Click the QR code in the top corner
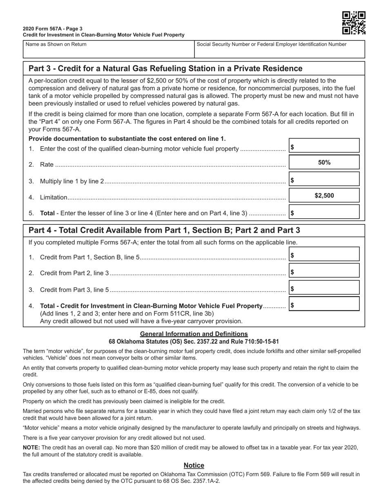(353, 23)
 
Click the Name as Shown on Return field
(108, 49)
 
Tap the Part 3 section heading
(165, 69)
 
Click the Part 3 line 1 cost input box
(324, 146)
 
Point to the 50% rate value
(324, 162)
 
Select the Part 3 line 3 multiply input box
(324, 179)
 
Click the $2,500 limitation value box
(324, 195)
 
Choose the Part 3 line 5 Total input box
(324, 212)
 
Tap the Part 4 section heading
(164, 231)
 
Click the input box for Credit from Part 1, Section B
(324, 255)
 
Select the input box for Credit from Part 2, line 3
(324, 271)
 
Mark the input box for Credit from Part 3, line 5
(324, 288)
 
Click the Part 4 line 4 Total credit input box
(324, 304)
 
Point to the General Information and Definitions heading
(194, 334)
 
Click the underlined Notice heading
(194, 465)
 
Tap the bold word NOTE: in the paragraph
(31, 447)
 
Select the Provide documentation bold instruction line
(127, 139)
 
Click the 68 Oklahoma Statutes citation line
(194, 341)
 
